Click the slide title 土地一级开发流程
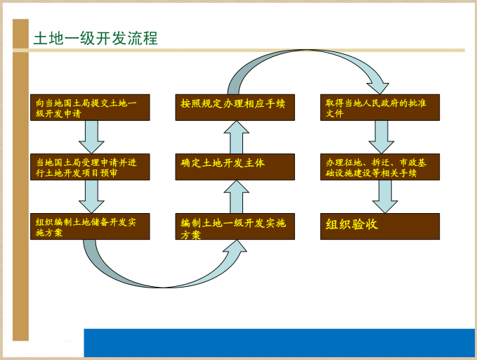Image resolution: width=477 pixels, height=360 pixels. tap(96, 38)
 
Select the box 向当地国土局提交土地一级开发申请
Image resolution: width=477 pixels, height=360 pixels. tap(90, 108)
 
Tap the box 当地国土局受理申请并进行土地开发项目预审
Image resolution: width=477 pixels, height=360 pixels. tap(90, 167)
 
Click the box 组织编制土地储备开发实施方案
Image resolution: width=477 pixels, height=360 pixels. tap(90, 226)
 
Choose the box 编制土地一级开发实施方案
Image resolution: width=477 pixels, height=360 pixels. tap(235, 226)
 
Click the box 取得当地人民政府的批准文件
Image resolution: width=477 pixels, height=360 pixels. tap(380, 108)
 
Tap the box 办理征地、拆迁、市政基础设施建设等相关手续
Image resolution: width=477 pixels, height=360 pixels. tap(380, 167)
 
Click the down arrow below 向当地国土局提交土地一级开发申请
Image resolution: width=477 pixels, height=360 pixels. tap(91, 137)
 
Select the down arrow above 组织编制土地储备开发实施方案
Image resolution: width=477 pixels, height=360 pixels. tap(91, 197)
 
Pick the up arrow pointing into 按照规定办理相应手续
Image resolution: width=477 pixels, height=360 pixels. tap(237, 137)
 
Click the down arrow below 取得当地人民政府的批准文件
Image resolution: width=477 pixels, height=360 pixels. tap(381, 137)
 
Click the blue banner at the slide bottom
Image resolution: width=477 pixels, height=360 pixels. tap(280, 342)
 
